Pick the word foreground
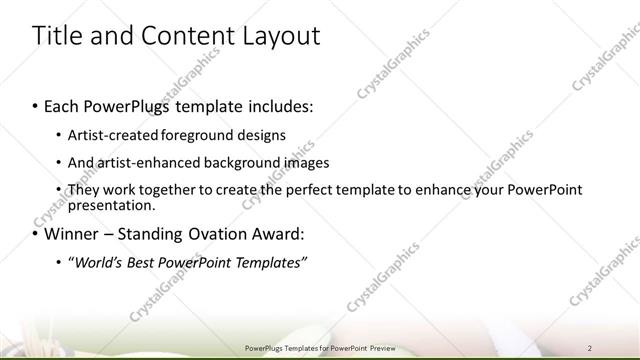click(190, 135)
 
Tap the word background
click(236, 162)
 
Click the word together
click(170, 190)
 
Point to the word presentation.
click(111, 205)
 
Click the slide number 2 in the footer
click(590, 348)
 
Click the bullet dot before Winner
click(36, 235)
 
